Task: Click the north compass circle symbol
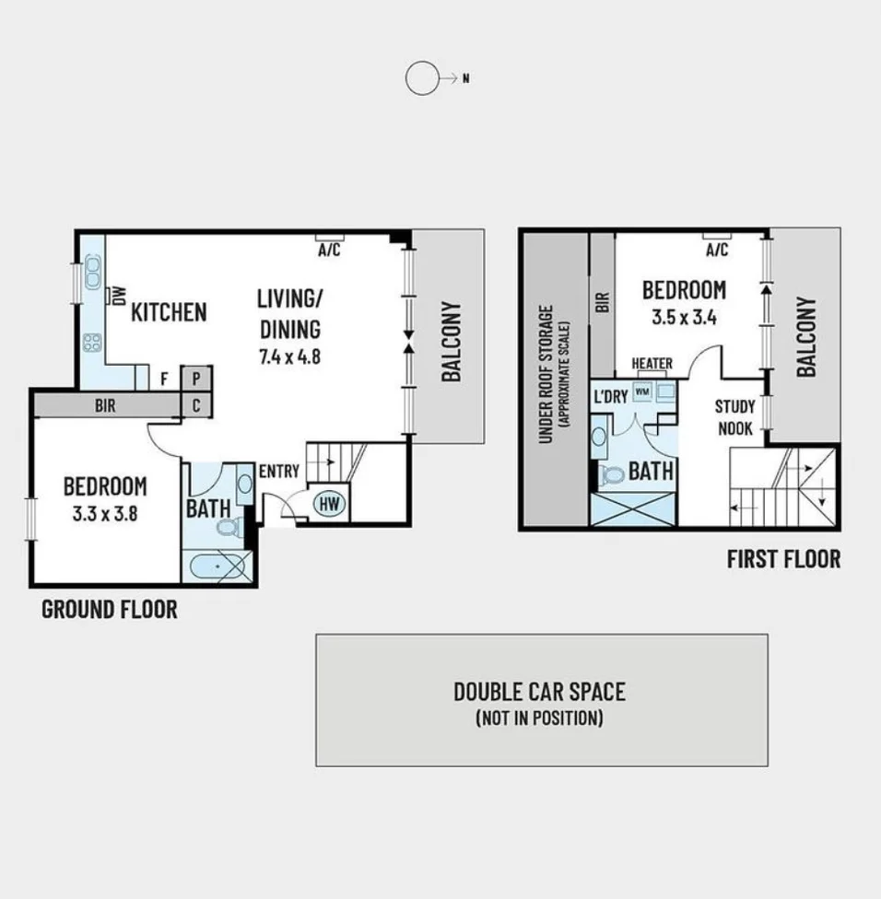coord(422,79)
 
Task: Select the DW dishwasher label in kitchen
coord(119,295)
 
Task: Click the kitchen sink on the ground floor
coord(92,273)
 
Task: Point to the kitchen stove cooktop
coord(92,343)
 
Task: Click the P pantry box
coord(197,378)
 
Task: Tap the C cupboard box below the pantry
coord(197,404)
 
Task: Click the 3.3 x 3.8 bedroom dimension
coord(104,514)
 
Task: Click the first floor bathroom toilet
coord(610,475)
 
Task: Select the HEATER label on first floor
coord(652,364)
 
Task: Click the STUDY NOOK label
coord(734,417)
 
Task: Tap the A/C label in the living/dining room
coord(329,251)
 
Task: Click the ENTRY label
coord(278,472)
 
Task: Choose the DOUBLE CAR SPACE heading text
coord(539,691)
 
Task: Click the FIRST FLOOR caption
coord(783,559)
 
